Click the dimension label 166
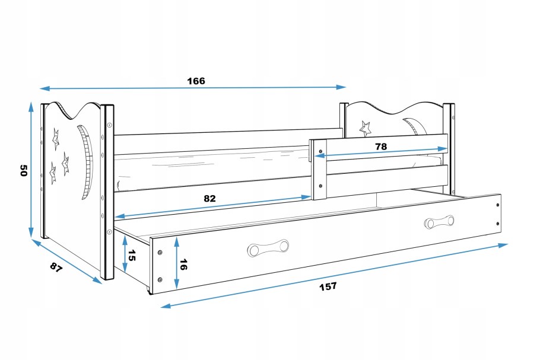click(x=197, y=81)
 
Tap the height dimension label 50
click(x=24, y=171)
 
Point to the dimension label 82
click(x=209, y=198)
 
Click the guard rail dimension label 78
click(x=382, y=146)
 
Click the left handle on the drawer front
click(x=267, y=248)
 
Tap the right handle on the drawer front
click(x=439, y=222)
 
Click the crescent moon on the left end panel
click(x=87, y=160)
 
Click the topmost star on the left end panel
click(x=56, y=138)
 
